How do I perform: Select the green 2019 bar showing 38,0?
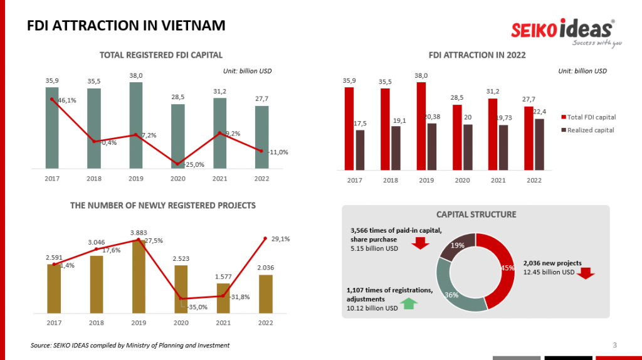pyautogui.click(x=136, y=125)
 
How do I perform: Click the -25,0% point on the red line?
pyautogui.click(x=178, y=164)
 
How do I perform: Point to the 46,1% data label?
pyautogui.click(x=67, y=100)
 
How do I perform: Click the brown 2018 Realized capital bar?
pyautogui.click(x=396, y=148)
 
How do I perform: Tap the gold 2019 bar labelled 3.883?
pyautogui.click(x=138, y=277)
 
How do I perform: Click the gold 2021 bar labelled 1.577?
pyautogui.click(x=223, y=299)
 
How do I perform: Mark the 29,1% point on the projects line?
pyautogui.click(x=265, y=239)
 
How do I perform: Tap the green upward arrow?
pyautogui.click(x=409, y=304)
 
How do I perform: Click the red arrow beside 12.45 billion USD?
pyautogui.click(x=586, y=273)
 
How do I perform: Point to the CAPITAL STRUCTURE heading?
pyautogui.click(x=476, y=214)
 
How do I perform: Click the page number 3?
pyautogui.click(x=614, y=345)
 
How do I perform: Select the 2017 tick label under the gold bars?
pyautogui.click(x=54, y=322)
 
